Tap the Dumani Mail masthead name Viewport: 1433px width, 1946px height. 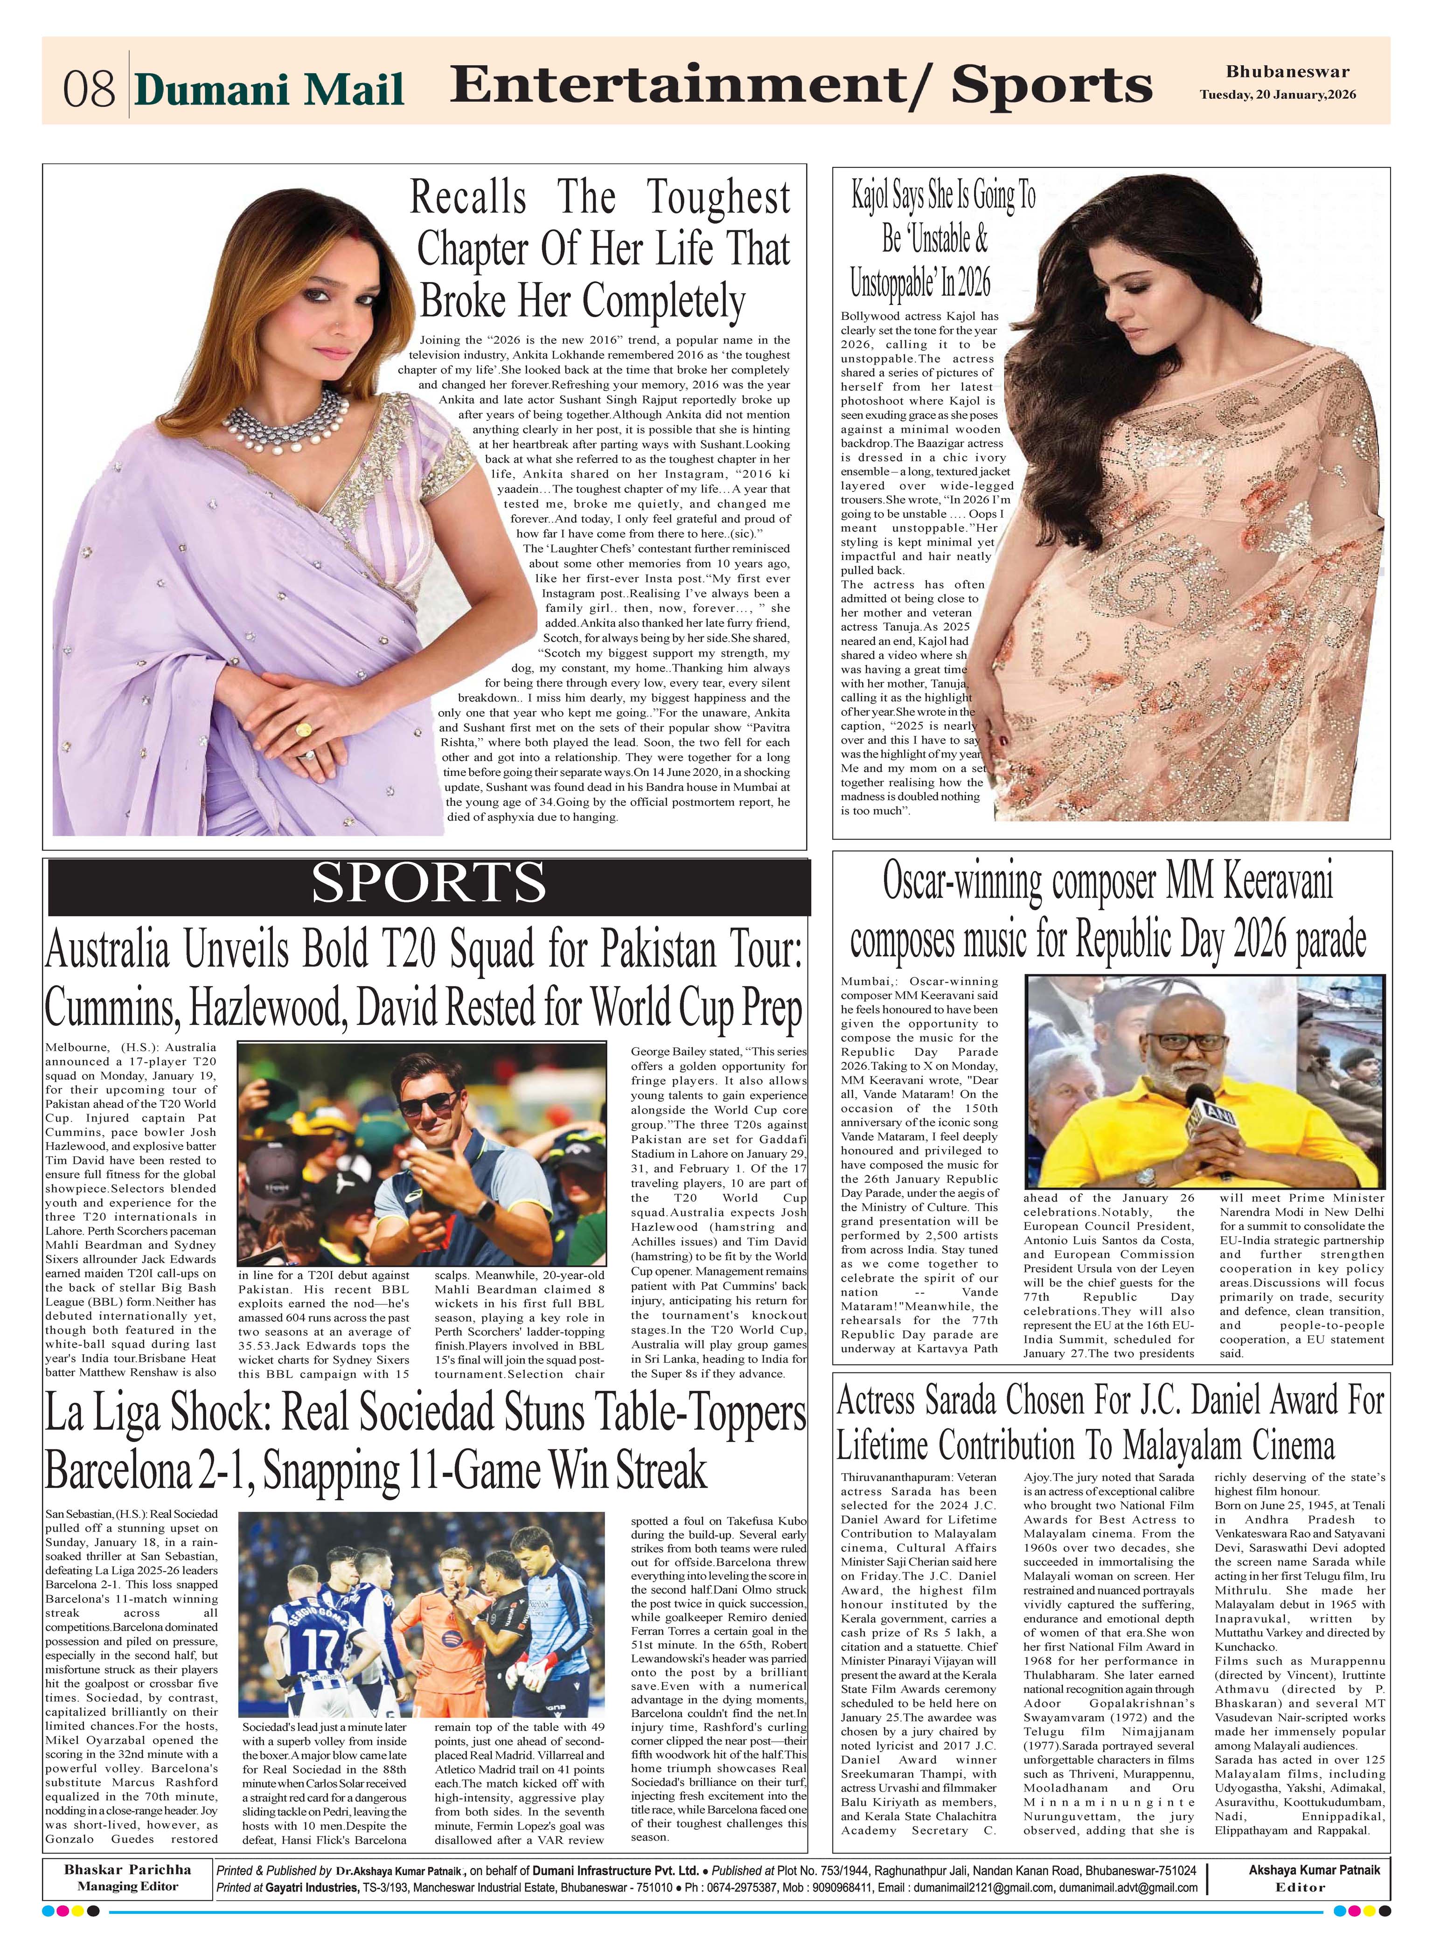click(270, 90)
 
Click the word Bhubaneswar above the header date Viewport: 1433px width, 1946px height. click(1287, 72)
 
